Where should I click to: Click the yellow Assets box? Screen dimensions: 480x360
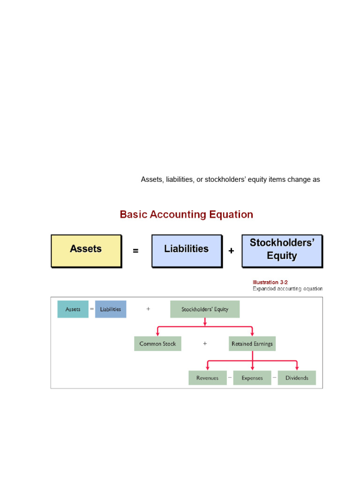pos(86,251)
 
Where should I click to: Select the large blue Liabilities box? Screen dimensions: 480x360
pos(186,251)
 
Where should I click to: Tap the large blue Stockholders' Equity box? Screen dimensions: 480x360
pos(282,251)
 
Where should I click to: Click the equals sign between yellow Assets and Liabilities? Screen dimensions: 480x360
pos(135,251)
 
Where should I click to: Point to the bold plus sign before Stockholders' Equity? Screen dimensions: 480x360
pos(231,251)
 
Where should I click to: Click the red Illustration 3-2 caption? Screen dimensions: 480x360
pos(270,282)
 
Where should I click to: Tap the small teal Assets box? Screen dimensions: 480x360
pos(73,309)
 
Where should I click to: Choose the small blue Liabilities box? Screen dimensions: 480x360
pos(111,309)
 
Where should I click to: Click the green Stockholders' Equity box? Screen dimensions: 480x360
pos(205,309)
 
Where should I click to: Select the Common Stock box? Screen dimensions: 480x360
pos(157,344)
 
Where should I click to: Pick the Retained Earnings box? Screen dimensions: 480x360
pos(252,344)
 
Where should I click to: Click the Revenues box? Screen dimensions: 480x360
pos(207,378)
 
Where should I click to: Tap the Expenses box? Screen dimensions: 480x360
pos(252,378)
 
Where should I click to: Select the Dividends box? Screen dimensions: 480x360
pos(297,378)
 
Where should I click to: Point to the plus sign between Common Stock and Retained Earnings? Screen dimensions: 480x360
pos(205,344)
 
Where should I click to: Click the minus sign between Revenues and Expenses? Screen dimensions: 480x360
pos(230,377)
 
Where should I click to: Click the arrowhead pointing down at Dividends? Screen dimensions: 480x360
pos(297,367)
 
